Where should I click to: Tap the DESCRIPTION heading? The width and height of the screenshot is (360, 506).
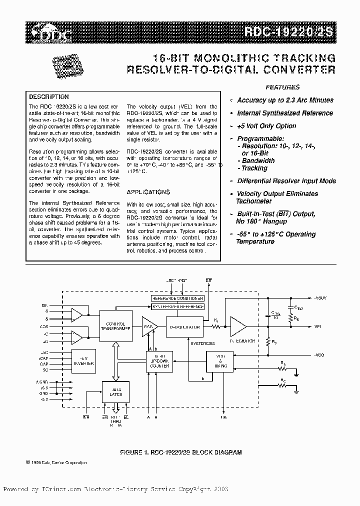tap(48, 97)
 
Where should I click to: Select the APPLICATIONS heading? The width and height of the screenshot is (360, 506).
tap(148, 192)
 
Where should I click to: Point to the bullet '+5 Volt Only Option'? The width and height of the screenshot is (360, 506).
tap(266, 126)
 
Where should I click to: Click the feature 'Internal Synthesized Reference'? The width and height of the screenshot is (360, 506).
tap(285, 113)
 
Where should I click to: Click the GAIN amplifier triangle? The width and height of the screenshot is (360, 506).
tap(149, 326)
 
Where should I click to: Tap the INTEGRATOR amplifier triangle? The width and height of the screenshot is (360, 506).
tap(238, 326)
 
